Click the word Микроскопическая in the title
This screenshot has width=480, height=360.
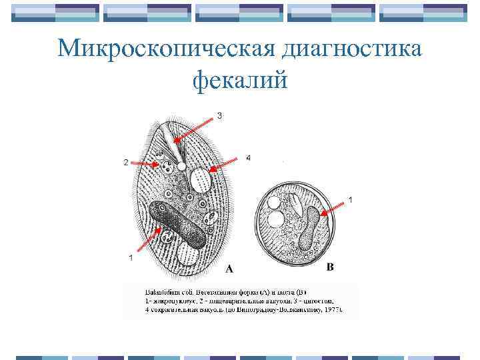(167, 49)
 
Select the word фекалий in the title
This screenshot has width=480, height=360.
(240, 81)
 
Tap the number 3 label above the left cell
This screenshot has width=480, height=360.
(219, 115)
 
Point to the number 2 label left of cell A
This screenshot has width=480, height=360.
(125, 162)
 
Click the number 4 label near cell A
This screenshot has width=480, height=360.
(248, 158)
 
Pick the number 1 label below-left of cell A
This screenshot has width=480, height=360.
(131, 257)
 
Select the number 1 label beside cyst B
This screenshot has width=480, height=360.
(351, 200)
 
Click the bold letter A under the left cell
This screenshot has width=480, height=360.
(229, 269)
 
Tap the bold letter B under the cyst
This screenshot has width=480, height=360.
(330, 267)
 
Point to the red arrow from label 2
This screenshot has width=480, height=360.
(144, 163)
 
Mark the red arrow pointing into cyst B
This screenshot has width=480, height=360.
(333, 208)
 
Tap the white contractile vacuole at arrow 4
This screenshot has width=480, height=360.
(200, 179)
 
